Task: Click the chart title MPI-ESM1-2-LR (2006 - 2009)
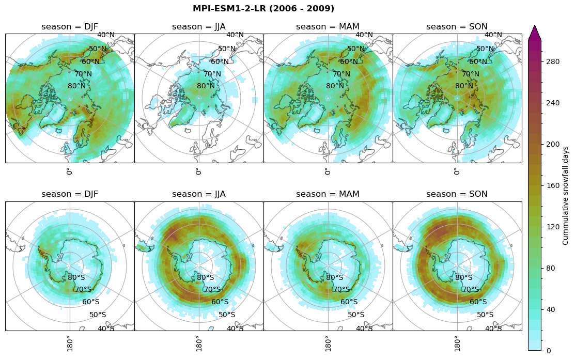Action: (x=263, y=9)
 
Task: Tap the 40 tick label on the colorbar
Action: (x=551, y=309)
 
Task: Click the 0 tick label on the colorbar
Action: (x=549, y=351)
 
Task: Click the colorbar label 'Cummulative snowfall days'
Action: (x=566, y=195)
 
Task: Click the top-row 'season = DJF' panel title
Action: (x=70, y=27)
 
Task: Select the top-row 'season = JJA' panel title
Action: (x=199, y=27)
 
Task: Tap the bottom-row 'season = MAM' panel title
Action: (x=328, y=194)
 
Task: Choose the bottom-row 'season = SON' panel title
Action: (x=457, y=194)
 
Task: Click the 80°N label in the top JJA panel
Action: (x=206, y=86)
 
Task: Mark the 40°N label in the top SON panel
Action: (x=493, y=35)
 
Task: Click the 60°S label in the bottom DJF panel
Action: (x=91, y=302)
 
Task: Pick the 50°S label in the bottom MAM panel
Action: (x=356, y=315)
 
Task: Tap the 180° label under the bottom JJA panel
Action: (x=198, y=343)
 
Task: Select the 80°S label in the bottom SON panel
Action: (x=464, y=277)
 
